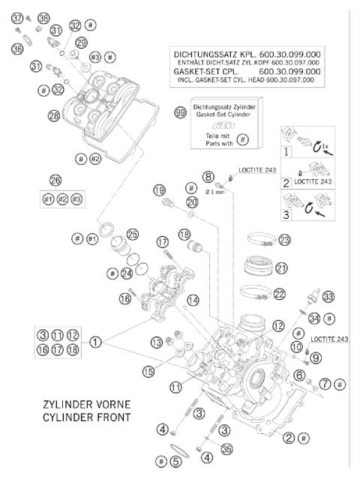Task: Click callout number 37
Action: pyautogui.click(x=16, y=17)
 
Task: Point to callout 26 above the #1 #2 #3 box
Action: pyautogui.click(x=55, y=180)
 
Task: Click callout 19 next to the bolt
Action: pyautogui.click(x=158, y=190)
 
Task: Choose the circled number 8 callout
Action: pyautogui.click(x=208, y=176)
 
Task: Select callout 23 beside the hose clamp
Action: pyautogui.click(x=283, y=240)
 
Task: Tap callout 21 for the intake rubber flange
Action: pyautogui.click(x=281, y=268)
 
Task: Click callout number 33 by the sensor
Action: pyautogui.click(x=328, y=296)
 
